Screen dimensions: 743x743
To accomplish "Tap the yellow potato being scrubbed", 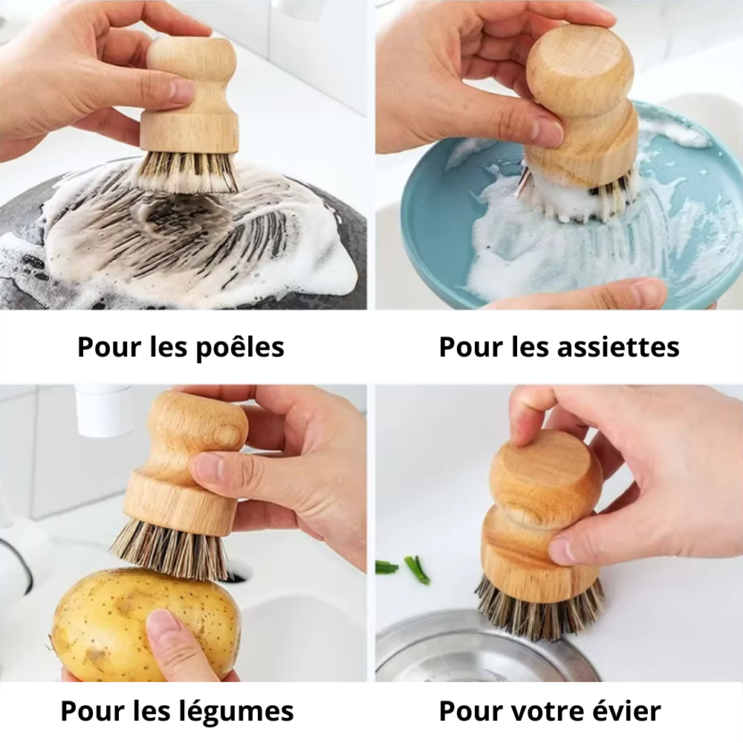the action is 142,624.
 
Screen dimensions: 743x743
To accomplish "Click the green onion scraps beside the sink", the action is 403,568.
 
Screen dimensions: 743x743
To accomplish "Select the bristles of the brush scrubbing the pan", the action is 189,172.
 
